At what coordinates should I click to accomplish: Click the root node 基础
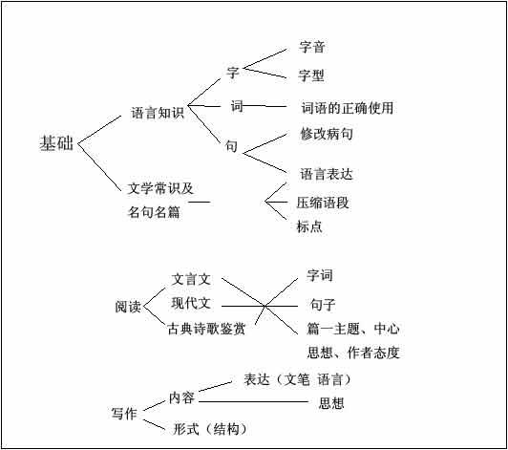56,143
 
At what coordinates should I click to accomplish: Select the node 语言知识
158,113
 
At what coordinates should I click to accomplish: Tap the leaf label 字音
311,47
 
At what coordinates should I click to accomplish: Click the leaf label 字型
311,75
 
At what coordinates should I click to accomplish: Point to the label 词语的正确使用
348,108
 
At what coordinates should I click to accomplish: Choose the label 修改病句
327,134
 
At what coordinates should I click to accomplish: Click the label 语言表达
327,174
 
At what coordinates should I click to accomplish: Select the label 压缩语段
323,203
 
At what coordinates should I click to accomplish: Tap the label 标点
309,226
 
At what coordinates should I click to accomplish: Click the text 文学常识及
160,188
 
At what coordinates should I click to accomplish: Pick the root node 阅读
128,307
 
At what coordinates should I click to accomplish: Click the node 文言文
191,279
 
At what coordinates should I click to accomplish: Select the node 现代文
191,304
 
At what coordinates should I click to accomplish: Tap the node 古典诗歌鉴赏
206,329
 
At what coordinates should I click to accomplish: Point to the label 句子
323,305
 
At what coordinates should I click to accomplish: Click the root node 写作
124,414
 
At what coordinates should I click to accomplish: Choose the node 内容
181,397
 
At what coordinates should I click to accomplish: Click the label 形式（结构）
210,429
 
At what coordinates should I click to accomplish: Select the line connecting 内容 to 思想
253,401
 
